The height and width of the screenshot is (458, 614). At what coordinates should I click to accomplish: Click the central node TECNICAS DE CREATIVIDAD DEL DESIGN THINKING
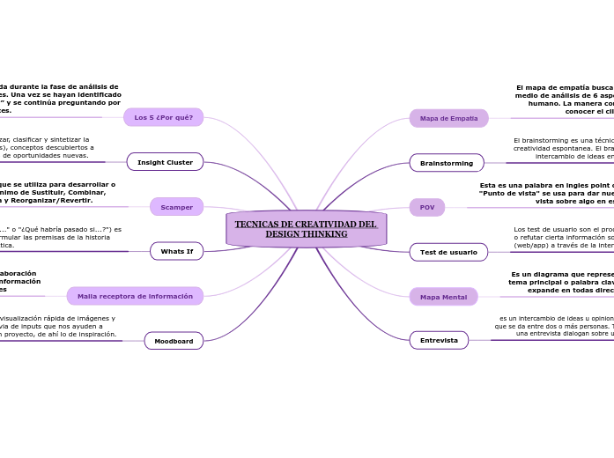click(x=306, y=229)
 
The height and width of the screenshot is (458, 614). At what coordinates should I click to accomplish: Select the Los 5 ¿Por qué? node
click(x=163, y=117)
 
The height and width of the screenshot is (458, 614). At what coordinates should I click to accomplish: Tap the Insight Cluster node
click(x=165, y=162)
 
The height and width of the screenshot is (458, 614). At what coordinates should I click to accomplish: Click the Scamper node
click(x=176, y=207)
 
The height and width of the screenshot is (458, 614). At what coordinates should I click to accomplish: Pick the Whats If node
click(x=176, y=251)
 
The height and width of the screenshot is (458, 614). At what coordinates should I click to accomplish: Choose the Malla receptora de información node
click(x=135, y=296)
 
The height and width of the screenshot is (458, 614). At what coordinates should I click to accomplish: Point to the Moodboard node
click(x=174, y=341)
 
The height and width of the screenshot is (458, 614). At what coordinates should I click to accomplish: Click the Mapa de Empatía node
click(x=448, y=118)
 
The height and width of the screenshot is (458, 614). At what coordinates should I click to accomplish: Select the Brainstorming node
click(x=446, y=163)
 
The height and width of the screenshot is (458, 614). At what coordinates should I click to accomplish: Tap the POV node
click(x=426, y=207)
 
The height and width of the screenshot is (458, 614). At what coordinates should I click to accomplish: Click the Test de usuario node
click(x=448, y=252)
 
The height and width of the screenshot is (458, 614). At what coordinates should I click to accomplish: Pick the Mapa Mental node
click(x=443, y=297)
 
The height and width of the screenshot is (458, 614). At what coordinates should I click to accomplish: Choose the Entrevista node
click(x=438, y=340)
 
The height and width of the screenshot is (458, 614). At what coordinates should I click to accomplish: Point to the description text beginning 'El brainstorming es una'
click(x=563, y=148)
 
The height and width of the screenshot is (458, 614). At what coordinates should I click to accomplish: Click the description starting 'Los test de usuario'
click(x=563, y=237)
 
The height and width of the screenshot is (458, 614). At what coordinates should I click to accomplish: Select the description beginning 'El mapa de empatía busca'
click(x=564, y=100)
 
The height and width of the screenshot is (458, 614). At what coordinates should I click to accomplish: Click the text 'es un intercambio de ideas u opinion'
click(x=555, y=325)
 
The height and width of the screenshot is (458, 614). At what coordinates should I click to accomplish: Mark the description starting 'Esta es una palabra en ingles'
click(x=546, y=193)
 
